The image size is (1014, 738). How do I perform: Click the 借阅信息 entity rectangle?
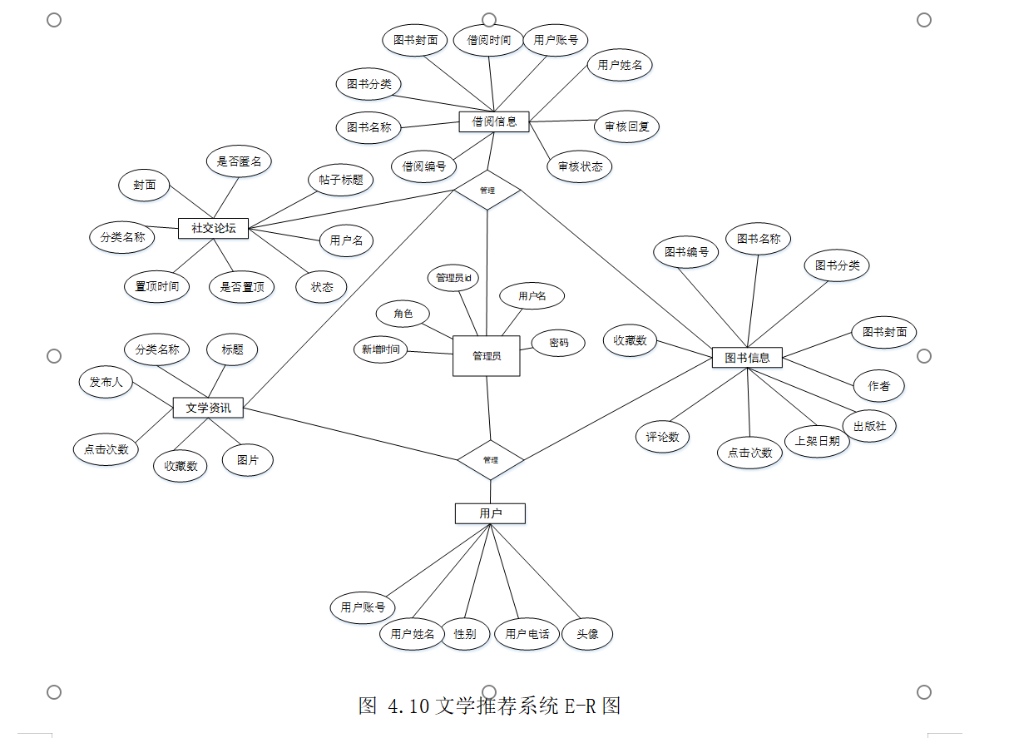(494, 121)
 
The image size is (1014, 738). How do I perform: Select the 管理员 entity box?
(487, 356)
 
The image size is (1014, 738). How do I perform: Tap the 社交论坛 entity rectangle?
(214, 228)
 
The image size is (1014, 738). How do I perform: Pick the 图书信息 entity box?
(747, 358)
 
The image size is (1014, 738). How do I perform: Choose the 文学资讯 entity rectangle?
(208, 408)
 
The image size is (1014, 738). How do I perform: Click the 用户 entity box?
(490, 513)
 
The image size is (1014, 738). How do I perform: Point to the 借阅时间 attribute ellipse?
(488, 40)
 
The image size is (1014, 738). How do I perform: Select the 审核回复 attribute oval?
(626, 126)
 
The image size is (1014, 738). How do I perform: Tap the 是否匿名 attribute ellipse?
(239, 161)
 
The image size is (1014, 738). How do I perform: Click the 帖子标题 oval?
(340, 180)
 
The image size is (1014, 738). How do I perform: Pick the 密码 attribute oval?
(559, 342)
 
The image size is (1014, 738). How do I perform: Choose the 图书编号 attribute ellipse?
(686, 251)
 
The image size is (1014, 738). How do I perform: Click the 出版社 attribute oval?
(869, 426)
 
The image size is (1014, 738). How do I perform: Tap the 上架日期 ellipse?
(817, 441)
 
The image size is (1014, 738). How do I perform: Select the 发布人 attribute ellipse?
(106, 382)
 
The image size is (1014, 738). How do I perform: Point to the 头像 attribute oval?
(587, 634)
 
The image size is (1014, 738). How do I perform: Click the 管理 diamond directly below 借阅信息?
(487, 190)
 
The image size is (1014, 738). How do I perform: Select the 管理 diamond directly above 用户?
(490, 459)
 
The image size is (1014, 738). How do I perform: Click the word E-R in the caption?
(581, 706)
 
